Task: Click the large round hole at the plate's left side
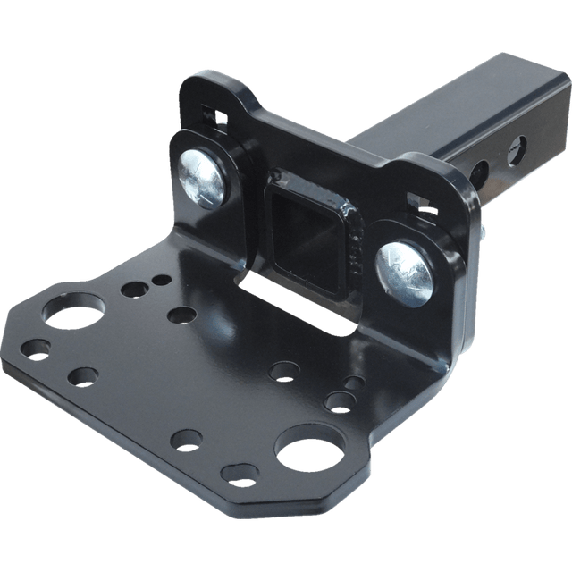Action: (x=67, y=318)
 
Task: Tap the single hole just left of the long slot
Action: (x=181, y=315)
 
